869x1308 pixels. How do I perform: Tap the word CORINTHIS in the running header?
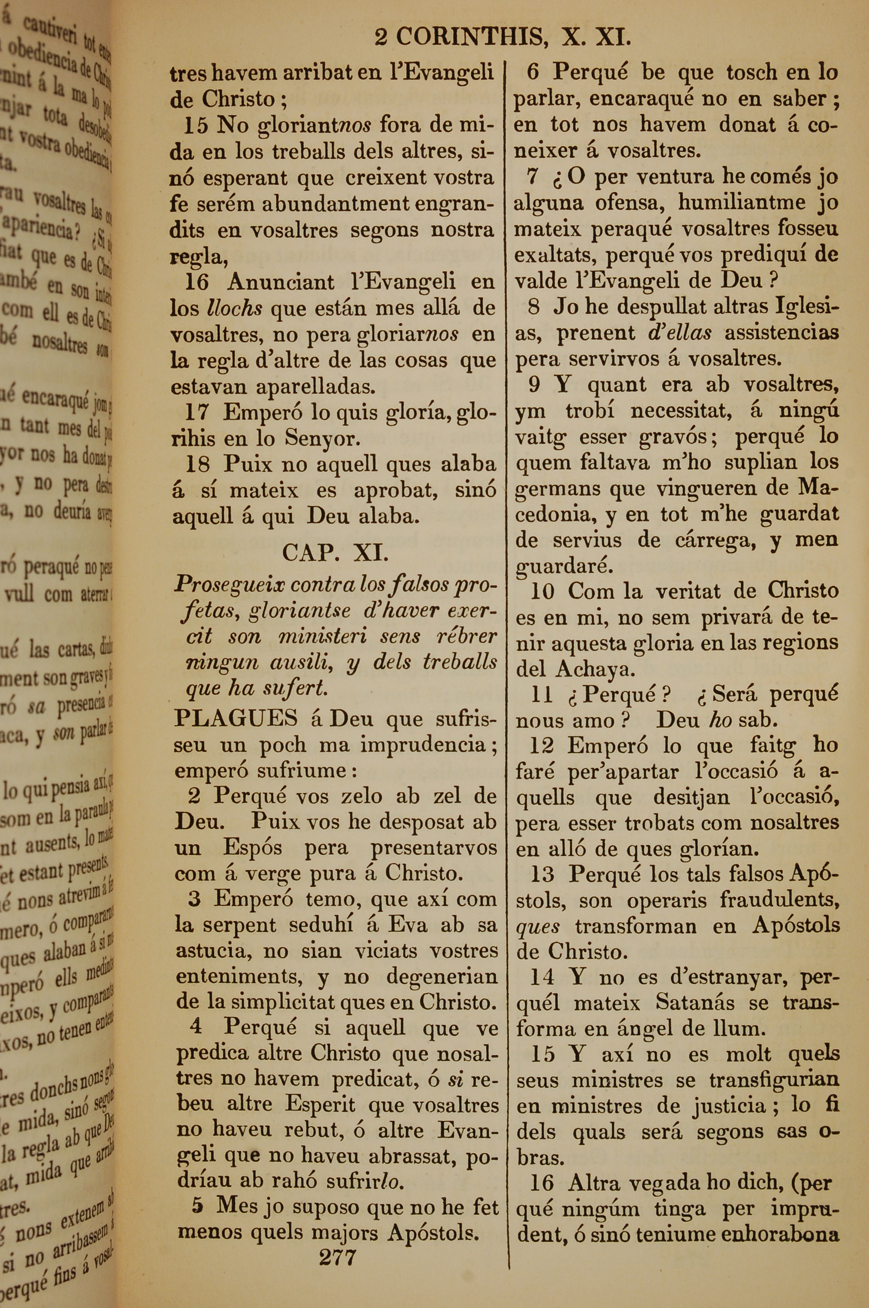pyautogui.click(x=469, y=38)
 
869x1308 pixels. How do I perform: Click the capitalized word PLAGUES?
pyautogui.click(x=236, y=719)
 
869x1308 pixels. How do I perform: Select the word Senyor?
pyautogui.click(x=322, y=439)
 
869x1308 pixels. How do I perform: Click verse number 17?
pyautogui.click(x=196, y=413)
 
